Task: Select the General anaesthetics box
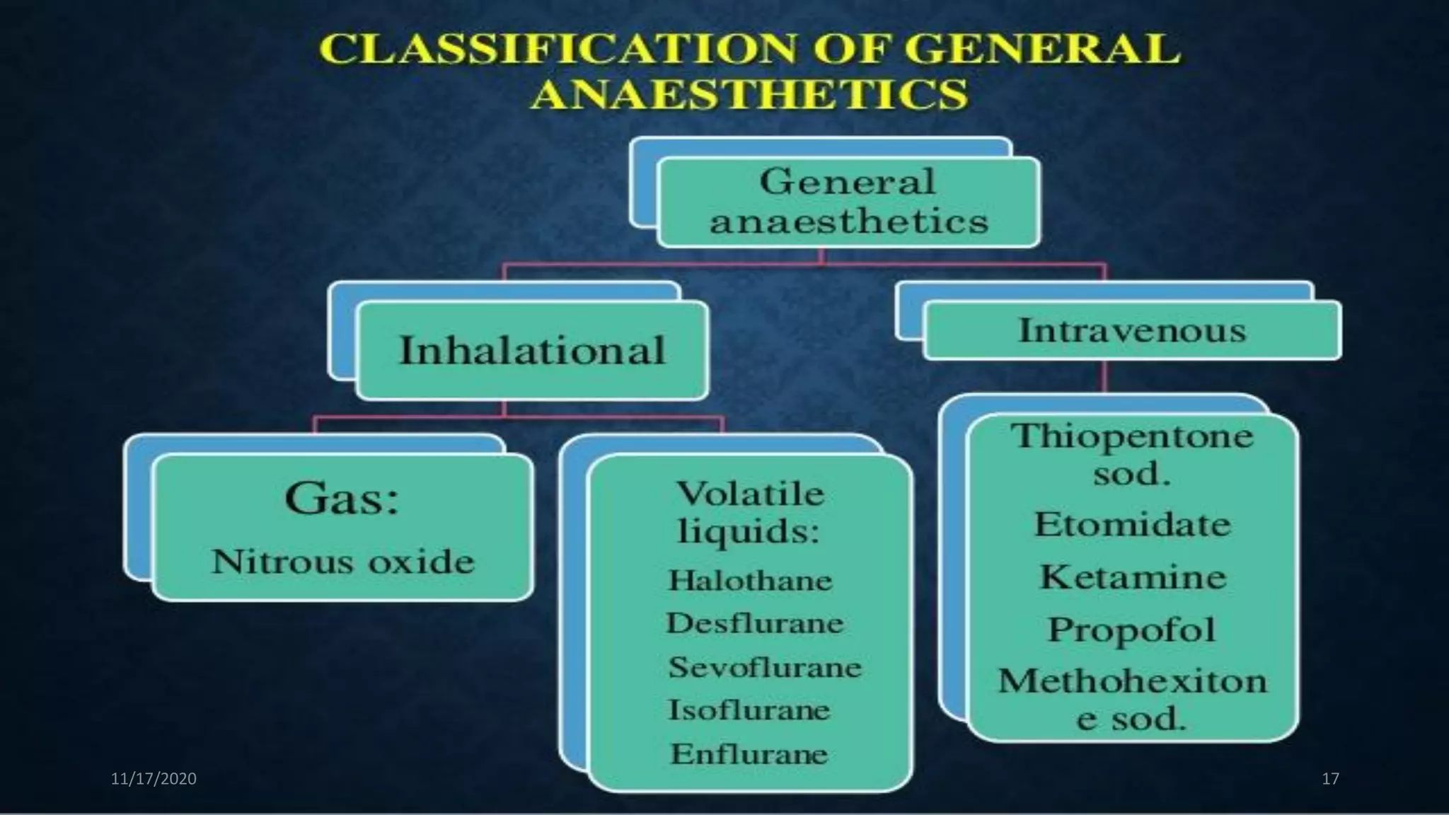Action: click(848, 202)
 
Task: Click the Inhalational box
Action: click(532, 350)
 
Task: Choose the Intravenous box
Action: click(1131, 330)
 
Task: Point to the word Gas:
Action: click(342, 498)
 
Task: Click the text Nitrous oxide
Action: click(343, 562)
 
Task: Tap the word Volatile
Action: click(751, 493)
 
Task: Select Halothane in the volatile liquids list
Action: click(751, 581)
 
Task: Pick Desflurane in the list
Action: click(755, 623)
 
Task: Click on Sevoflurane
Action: click(765, 667)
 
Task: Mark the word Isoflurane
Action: click(749, 710)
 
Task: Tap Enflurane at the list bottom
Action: click(749, 753)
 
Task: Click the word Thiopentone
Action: click(1131, 436)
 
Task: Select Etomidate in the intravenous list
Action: click(1132, 524)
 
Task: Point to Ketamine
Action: click(1132, 577)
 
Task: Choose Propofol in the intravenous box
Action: click(1131, 629)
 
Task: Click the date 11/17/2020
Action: click(154, 779)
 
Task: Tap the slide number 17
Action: click(1330, 779)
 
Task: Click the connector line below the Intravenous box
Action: click(1104, 376)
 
